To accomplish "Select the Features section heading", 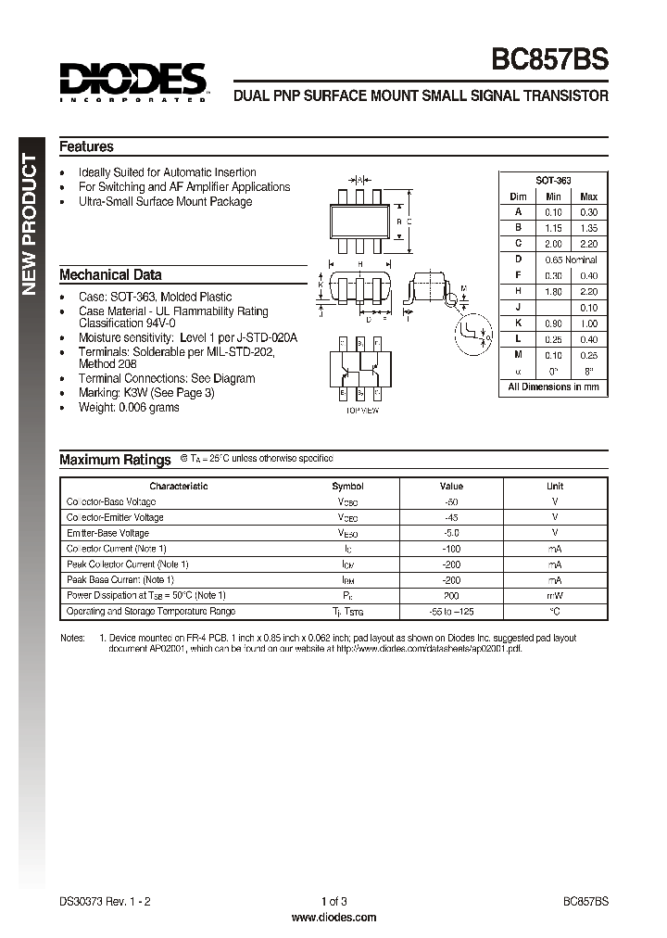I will tap(86, 146).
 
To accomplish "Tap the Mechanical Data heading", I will tap(110, 274).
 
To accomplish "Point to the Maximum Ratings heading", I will tap(115, 460).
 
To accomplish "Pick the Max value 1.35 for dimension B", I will tap(588, 227).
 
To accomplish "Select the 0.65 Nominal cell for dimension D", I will tap(570, 260).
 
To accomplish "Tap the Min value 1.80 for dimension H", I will tap(553, 291).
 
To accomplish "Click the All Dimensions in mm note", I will tap(553, 387).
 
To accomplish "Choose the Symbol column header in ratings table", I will tap(347, 486).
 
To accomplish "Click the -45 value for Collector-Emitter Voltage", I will tap(450, 517).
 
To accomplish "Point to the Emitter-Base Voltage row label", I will tap(107, 533).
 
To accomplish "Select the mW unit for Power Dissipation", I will tap(554, 595).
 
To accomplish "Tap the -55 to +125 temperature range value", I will tap(450, 612).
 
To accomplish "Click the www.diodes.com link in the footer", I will tap(333, 917).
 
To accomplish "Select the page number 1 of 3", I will tap(333, 901).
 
